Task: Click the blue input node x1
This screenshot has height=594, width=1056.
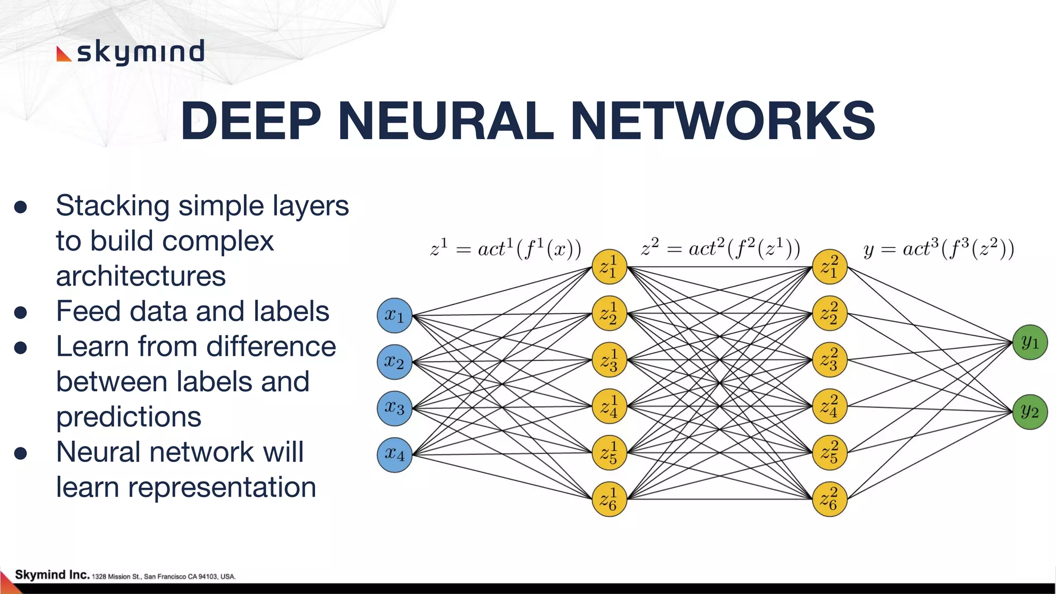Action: click(x=394, y=315)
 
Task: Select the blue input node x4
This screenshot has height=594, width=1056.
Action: click(x=394, y=454)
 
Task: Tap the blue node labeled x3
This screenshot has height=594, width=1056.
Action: click(x=394, y=408)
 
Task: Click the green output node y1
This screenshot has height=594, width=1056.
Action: click(x=1030, y=342)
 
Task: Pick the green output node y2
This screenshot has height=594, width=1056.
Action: click(x=1030, y=411)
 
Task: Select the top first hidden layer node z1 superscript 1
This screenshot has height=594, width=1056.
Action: click(x=609, y=267)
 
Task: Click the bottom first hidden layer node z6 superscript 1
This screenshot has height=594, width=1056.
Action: click(x=609, y=499)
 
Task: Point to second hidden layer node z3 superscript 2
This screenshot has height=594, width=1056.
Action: click(x=830, y=360)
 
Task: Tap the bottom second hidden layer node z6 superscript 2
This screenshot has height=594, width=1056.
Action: click(x=830, y=499)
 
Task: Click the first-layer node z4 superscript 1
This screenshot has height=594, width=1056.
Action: click(x=609, y=406)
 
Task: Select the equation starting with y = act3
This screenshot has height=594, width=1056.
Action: click(x=938, y=249)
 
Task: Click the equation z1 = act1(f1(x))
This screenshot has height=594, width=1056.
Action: click(x=505, y=249)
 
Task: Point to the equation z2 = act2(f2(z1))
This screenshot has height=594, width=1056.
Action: click(x=720, y=249)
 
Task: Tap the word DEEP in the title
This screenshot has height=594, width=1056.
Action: click(x=251, y=121)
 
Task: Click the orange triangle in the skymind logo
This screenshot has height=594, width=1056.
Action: click(x=63, y=54)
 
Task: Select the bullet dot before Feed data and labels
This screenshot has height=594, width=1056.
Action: click(x=21, y=312)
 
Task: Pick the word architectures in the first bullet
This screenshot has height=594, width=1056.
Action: click(x=141, y=276)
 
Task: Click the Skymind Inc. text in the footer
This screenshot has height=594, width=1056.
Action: click(x=52, y=574)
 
